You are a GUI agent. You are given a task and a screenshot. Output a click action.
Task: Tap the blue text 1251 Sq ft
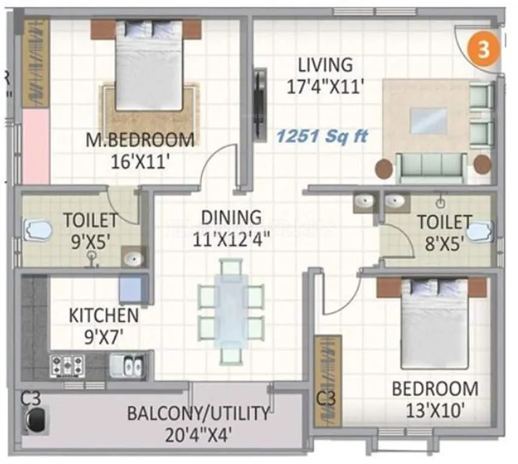tap(321, 137)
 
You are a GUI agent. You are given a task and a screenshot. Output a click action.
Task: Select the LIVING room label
tap(325, 64)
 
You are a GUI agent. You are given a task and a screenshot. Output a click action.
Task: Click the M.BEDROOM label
tap(140, 140)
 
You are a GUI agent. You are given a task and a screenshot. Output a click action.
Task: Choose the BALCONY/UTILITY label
tap(198, 414)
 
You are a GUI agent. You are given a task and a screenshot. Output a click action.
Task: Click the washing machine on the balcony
tap(36, 419)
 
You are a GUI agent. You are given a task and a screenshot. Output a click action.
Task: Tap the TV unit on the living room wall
tap(260, 105)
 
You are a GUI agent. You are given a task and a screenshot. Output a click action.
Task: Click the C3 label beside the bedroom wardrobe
tap(326, 399)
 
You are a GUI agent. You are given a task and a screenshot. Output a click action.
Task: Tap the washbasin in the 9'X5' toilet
tap(133, 259)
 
